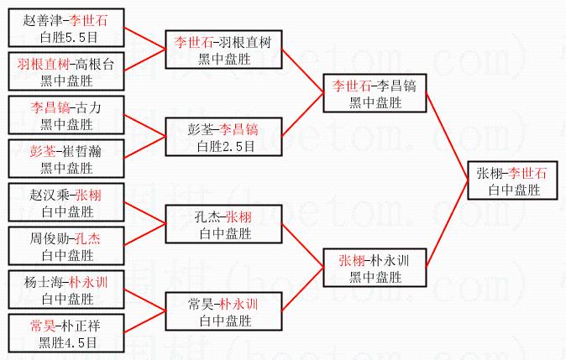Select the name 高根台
[99, 63]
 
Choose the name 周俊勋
[48, 238]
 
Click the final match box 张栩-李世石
[511, 181]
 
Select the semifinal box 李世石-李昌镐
[375, 93]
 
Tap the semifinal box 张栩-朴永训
[375, 268]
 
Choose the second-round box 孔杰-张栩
[223, 224]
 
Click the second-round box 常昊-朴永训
[223, 311]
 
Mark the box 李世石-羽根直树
[223, 50]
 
